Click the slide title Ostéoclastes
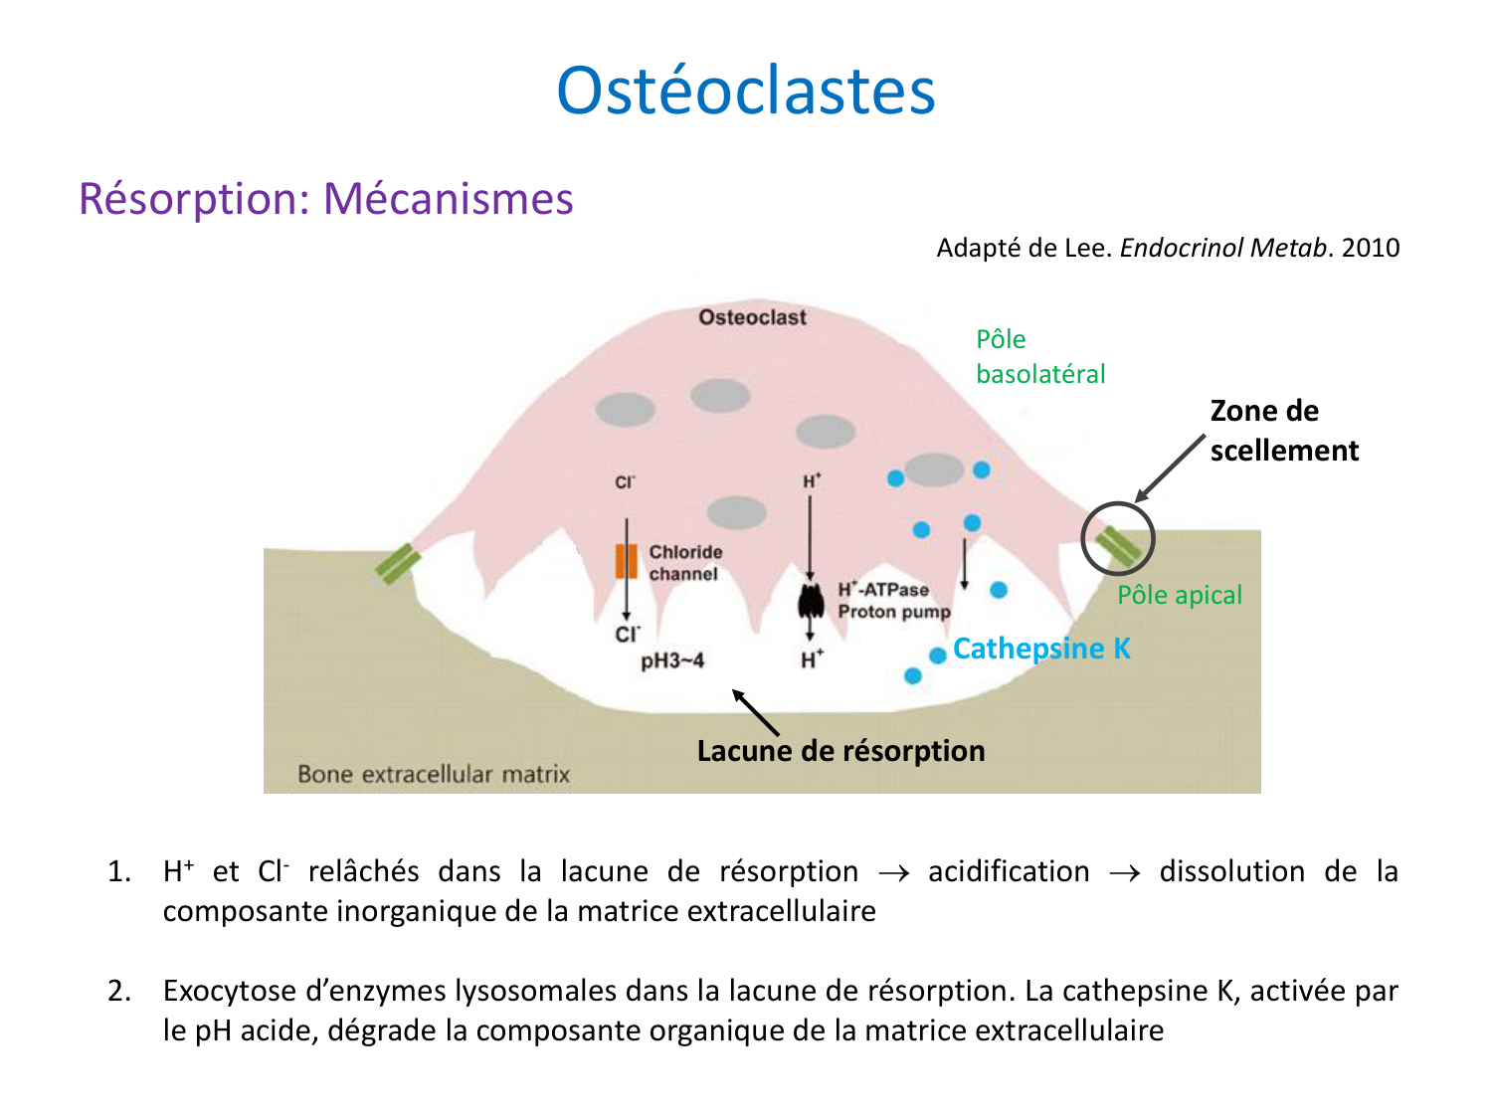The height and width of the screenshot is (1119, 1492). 746,91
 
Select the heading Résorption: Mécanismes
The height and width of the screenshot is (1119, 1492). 326,198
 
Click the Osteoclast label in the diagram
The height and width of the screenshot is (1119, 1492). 752,317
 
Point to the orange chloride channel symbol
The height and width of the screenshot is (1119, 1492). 626,561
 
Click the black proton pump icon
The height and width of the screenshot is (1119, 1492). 811,600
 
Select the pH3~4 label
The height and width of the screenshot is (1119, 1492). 672,660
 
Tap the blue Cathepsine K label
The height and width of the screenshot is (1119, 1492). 1041,649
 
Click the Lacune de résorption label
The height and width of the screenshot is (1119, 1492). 840,751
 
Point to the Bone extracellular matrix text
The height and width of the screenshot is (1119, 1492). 434,774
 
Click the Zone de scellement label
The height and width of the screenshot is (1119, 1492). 1283,431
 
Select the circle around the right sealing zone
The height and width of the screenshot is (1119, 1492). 1118,538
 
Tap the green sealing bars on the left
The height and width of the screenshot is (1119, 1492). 398,563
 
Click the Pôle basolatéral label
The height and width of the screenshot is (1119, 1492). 1040,356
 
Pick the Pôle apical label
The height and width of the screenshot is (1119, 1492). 1180,595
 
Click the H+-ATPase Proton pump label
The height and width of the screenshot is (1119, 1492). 893,601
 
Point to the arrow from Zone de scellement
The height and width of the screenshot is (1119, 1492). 1170,467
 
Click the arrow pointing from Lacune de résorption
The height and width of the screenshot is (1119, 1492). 755,712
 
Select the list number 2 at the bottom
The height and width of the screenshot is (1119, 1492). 119,991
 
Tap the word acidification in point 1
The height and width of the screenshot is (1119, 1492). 1009,871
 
